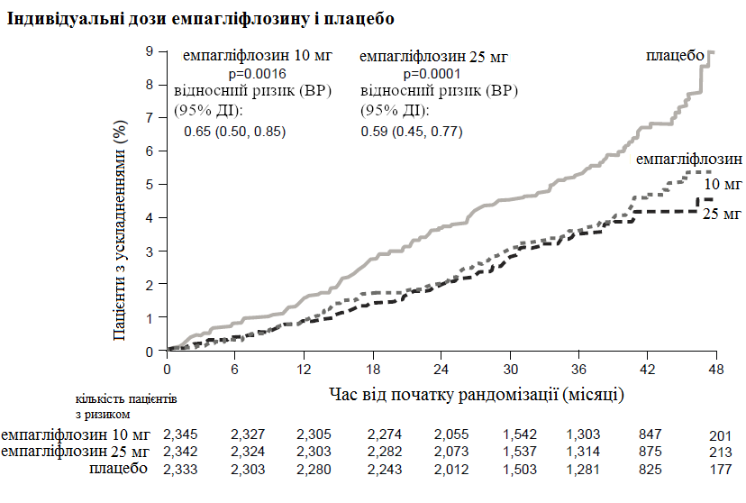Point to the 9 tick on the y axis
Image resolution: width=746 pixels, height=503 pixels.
point(150,51)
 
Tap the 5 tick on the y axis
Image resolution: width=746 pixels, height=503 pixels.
point(150,185)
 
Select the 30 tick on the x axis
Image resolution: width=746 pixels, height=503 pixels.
point(510,370)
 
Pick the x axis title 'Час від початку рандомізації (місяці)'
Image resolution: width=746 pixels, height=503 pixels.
point(477,394)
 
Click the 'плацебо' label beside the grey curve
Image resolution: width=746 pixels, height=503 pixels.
point(675,56)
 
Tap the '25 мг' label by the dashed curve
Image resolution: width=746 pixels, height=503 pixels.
point(721,214)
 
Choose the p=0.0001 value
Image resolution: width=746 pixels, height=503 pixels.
point(432,74)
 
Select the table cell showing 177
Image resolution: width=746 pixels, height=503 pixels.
point(719,470)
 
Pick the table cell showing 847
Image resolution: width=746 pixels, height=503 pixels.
point(650,435)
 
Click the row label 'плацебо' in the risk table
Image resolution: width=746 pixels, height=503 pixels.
point(118,469)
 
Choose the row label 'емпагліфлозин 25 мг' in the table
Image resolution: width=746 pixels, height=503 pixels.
point(75,452)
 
